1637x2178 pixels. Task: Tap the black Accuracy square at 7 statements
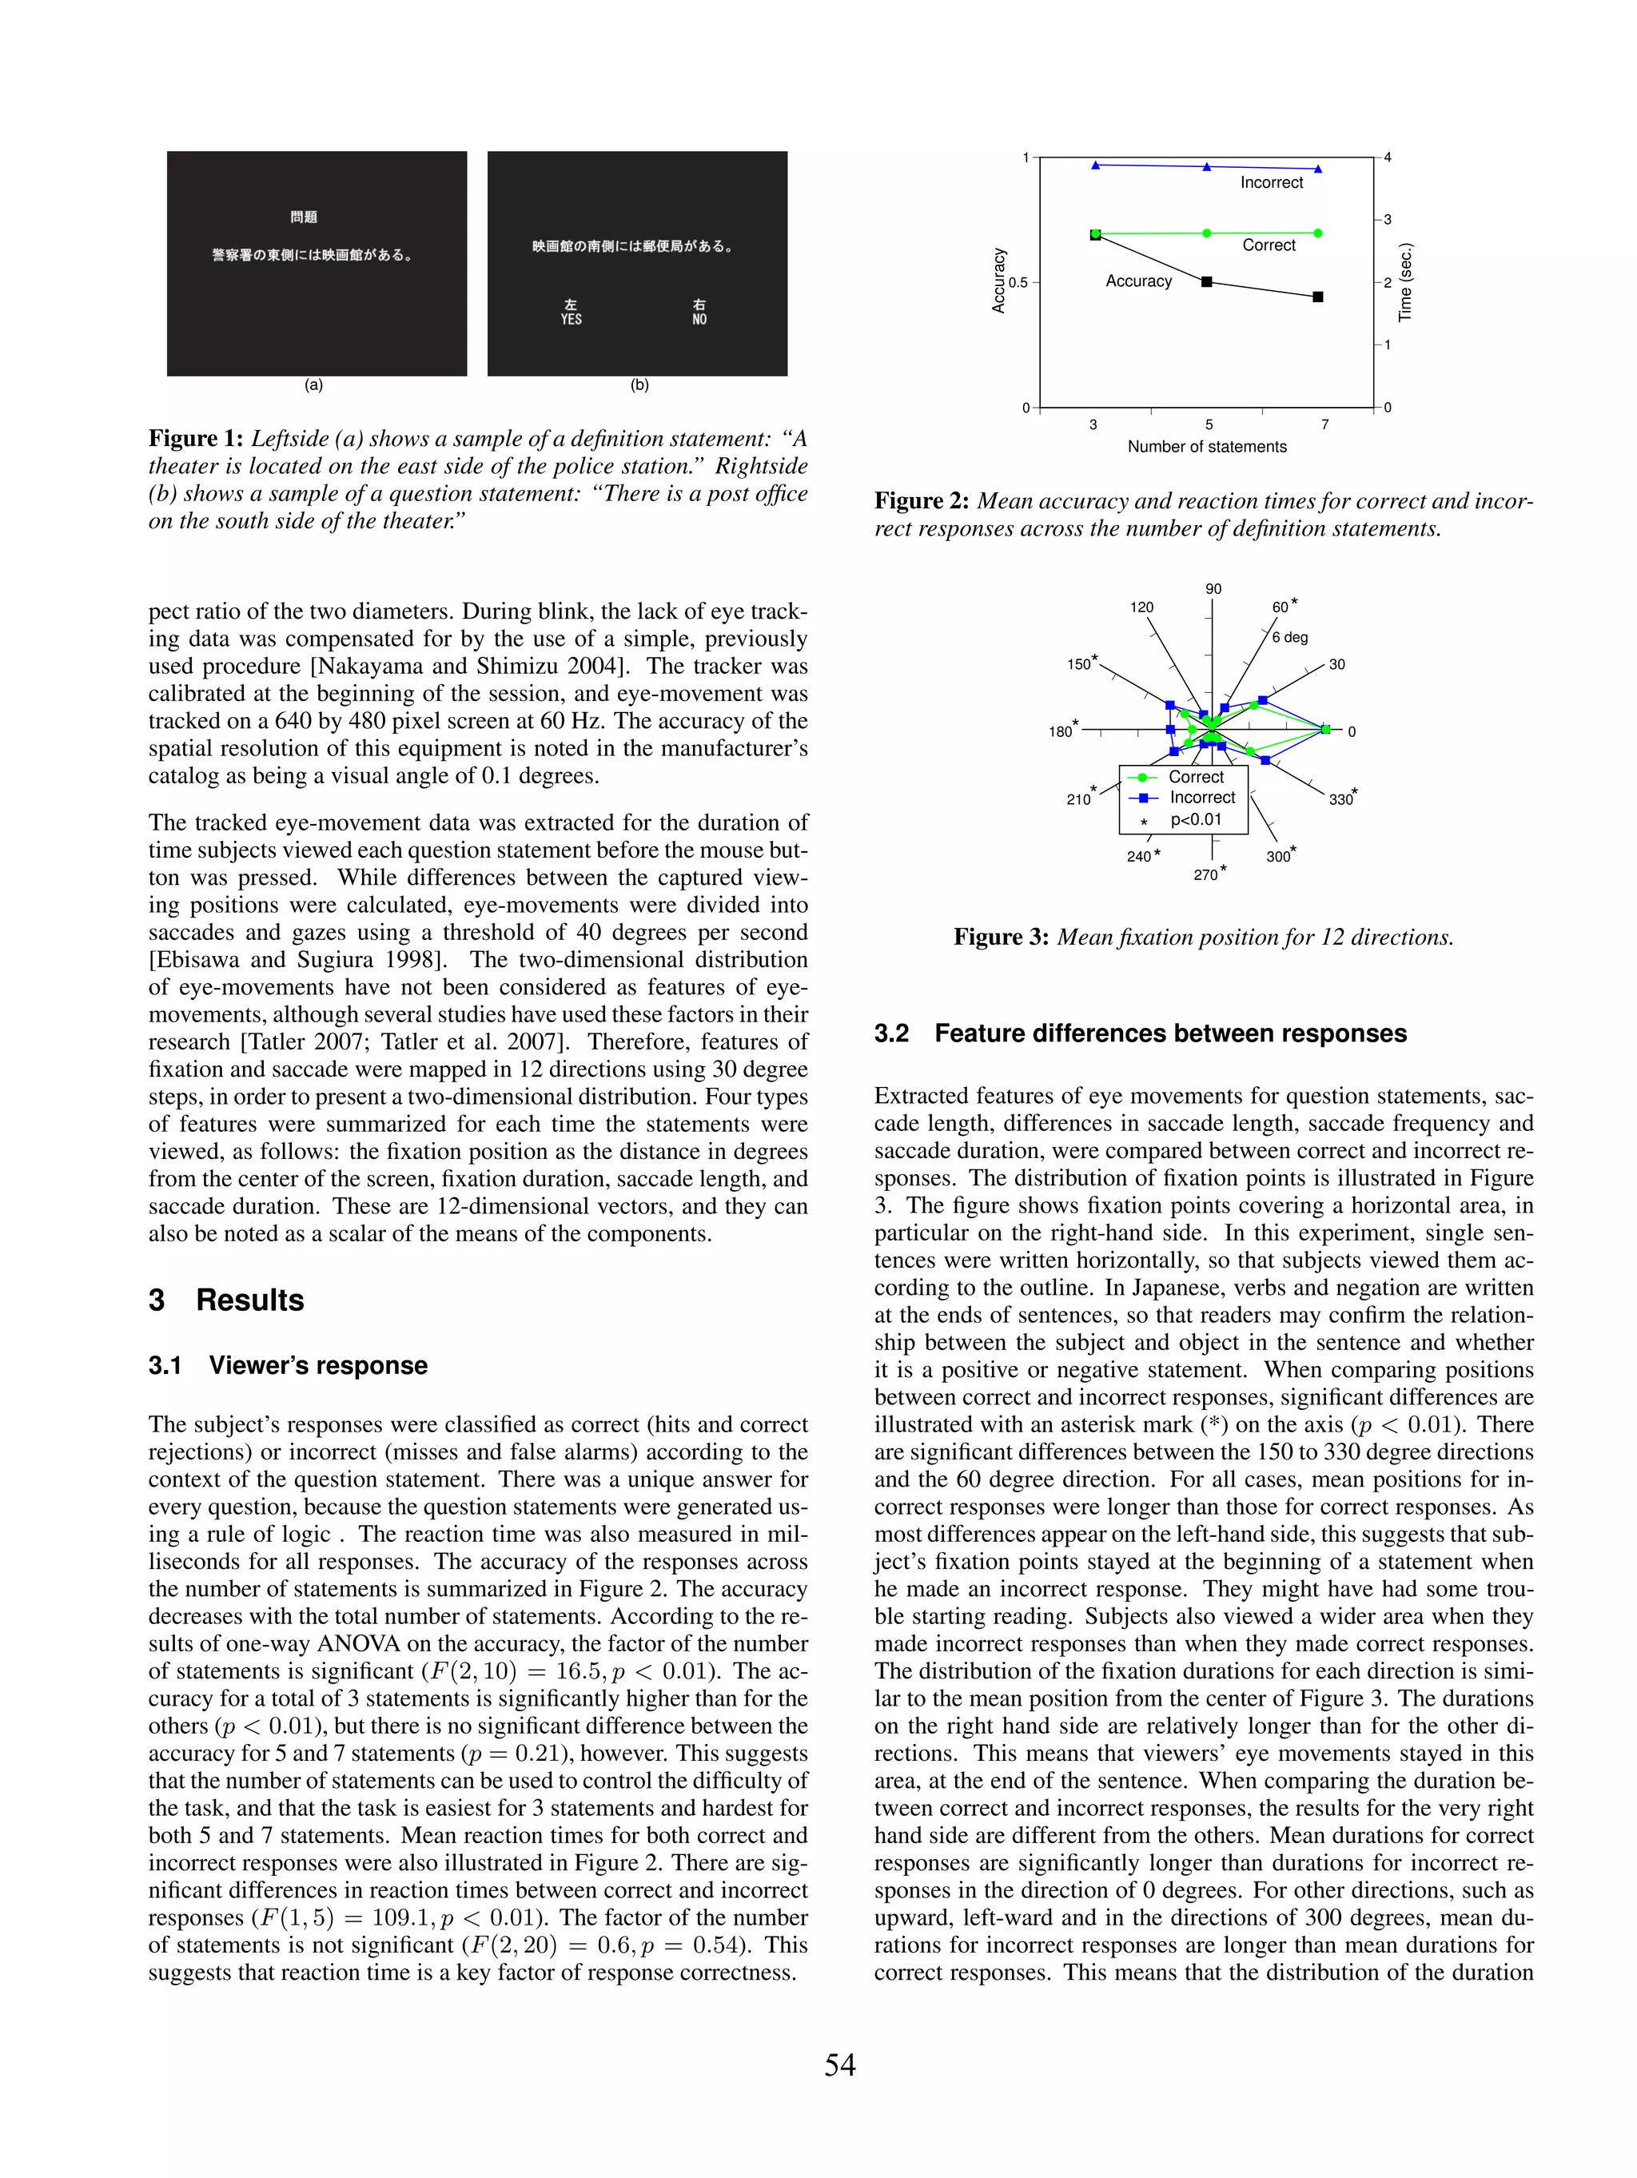tap(1318, 297)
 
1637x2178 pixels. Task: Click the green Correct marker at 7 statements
tap(1318, 233)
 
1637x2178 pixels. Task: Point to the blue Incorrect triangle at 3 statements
tap(1095, 165)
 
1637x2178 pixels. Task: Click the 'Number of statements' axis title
tap(1207, 446)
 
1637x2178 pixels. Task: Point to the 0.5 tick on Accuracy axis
tap(1018, 283)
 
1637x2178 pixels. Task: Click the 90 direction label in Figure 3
tap(1213, 589)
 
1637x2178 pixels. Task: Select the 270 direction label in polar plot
tap(1205, 874)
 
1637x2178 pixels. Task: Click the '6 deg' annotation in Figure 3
tap(1289, 637)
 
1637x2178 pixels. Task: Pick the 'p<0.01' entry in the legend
tap(1196, 819)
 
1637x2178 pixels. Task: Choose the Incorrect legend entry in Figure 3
tap(1201, 798)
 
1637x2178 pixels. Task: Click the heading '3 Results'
tap(225, 1300)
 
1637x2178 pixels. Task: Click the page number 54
tap(839, 2064)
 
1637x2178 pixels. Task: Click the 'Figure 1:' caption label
tap(196, 438)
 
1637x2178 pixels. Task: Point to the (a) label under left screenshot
tap(313, 385)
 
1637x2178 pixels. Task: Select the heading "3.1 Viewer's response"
tap(288, 1364)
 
